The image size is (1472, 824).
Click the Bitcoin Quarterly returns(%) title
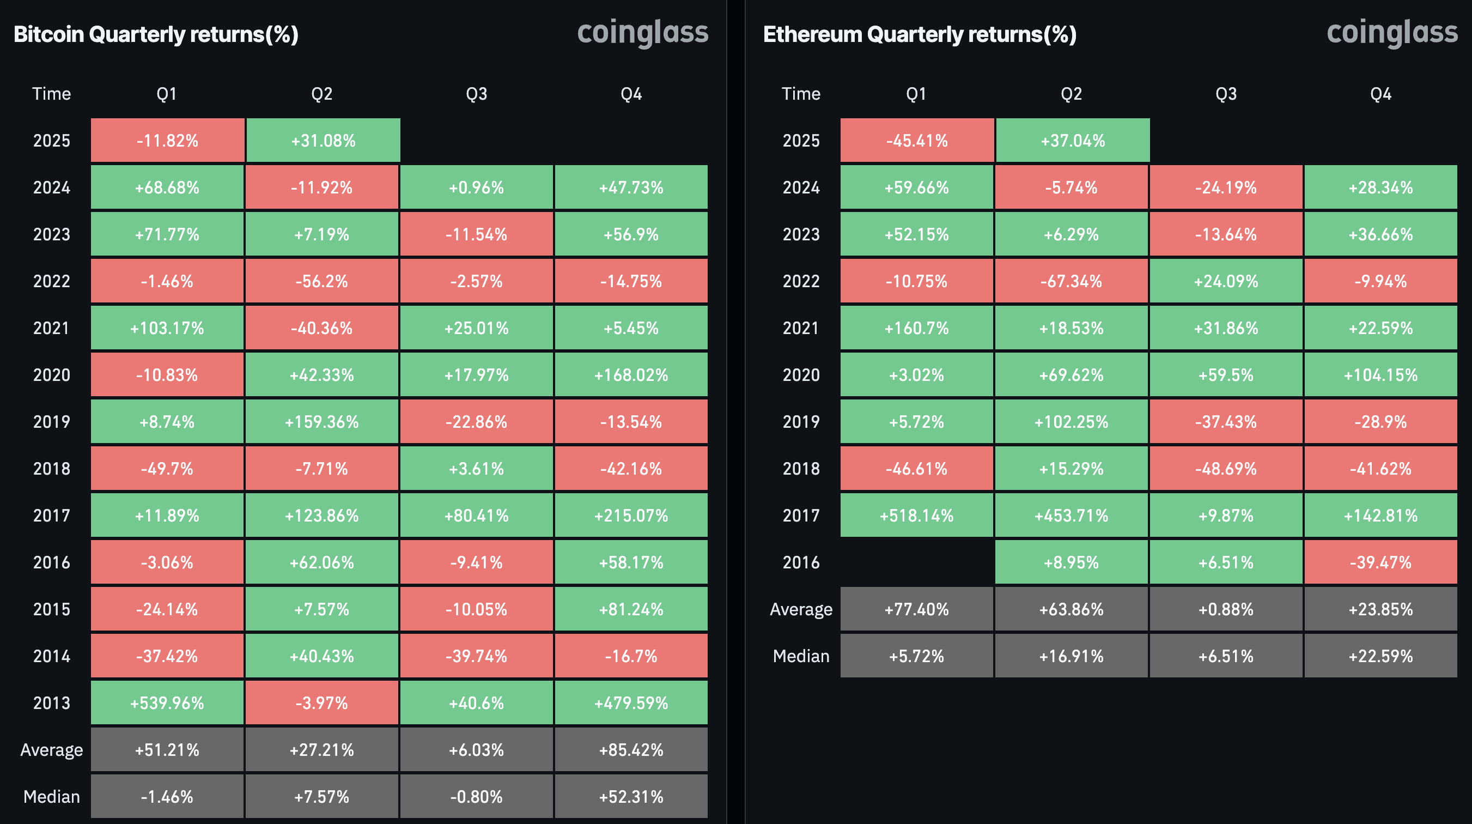(x=156, y=34)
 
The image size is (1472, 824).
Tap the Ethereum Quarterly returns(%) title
(x=920, y=34)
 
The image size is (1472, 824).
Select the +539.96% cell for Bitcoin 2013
(x=167, y=703)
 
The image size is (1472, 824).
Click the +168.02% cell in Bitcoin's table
(x=631, y=375)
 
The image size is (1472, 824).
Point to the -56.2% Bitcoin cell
(x=322, y=281)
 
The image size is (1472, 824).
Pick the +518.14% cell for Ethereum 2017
(x=916, y=516)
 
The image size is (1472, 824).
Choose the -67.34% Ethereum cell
(x=1072, y=281)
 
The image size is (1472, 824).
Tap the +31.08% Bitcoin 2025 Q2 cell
(x=323, y=141)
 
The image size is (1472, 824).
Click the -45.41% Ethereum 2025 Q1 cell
(x=916, y=141)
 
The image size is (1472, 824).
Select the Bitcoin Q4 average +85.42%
(x=631, y=750)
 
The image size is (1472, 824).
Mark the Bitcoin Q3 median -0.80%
(x=477, y=797)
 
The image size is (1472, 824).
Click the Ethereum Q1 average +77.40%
(x=916, y=609)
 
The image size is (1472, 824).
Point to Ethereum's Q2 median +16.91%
(x=1072, y=656)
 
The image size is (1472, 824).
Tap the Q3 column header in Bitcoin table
(x=477, y=94)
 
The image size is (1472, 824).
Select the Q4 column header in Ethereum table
(x=1380, y=94)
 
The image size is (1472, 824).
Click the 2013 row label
(x=51, y=703)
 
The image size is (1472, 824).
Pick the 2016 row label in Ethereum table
(x=801, y=562)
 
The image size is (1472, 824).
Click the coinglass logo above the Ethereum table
(x=1392, y=33)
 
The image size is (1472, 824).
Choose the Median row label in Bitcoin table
(x=51, y=797)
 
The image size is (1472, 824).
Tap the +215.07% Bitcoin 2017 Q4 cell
(x=631, y=516)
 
